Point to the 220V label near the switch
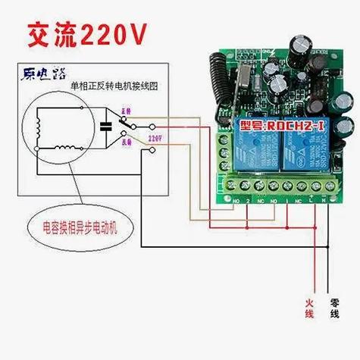[x=155, y=139]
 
